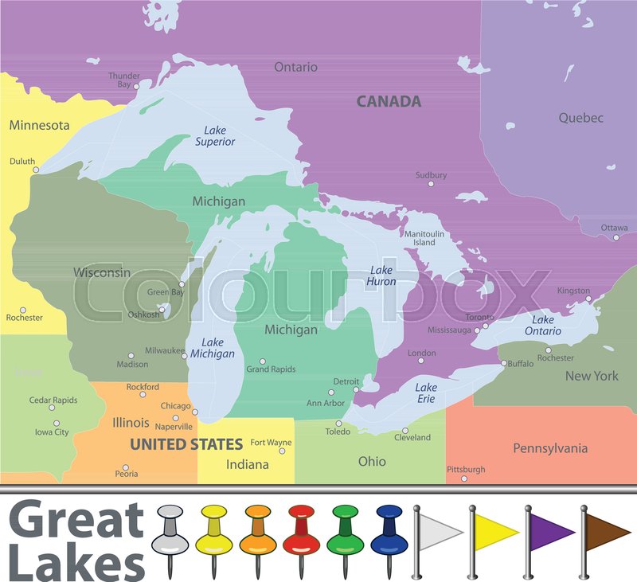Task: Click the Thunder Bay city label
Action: (124, 80)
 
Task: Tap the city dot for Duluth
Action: (35, 170)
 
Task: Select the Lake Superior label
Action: (215, 136)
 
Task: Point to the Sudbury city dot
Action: (432, 184)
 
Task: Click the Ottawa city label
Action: (614, 228)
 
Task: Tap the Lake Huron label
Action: (381, 275)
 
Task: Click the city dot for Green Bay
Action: (182, 284)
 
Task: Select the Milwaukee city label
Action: (164, 350)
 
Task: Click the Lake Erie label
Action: (426, 393)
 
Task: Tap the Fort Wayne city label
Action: (270, 443)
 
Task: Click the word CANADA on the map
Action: (389, 102)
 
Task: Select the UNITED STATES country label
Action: (186, 444)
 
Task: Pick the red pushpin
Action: (301, 532)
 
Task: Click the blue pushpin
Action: (389, 532)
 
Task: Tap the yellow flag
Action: (495, 530)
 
